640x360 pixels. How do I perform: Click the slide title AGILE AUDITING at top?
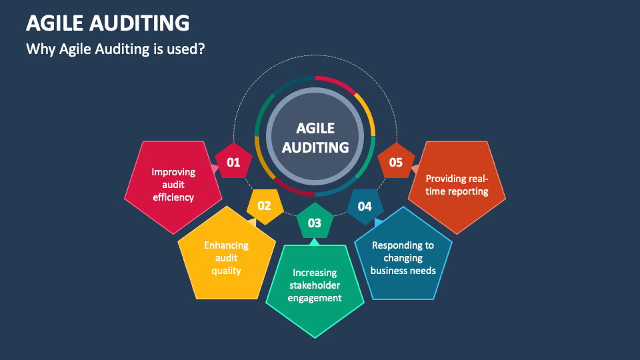[107, 23]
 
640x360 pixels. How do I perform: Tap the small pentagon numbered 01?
[233, 162]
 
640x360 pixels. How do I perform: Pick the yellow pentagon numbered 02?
[265, 205]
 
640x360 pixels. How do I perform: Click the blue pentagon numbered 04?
[365, 206]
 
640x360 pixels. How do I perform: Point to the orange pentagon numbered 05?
[396, 162]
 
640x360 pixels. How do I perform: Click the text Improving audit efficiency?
[173, 185]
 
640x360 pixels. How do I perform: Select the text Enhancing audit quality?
[227, 258]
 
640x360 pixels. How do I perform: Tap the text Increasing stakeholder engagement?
[315, 285]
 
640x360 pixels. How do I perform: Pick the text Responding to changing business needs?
[403, 258]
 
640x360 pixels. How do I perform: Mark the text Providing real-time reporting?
[457, 185]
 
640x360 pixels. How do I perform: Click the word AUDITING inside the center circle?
[315, 147]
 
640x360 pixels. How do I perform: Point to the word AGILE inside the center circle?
[315, 128]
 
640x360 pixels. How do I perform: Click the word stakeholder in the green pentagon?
[315, 285]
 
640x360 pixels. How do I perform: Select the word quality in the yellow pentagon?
[227, 271]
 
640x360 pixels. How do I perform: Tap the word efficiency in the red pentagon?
[173, 197]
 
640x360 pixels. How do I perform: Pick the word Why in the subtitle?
[37, 49]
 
